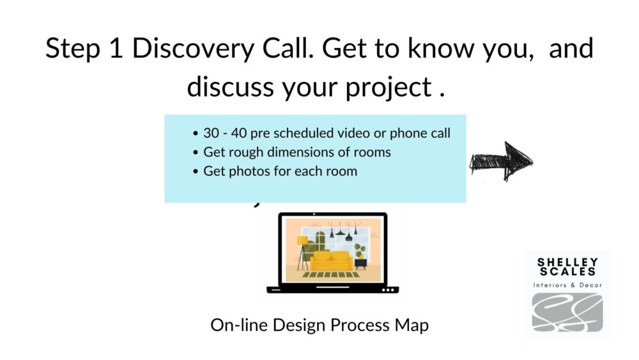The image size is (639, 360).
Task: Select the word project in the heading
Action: (389, 87)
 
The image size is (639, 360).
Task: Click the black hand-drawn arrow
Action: (501, 161)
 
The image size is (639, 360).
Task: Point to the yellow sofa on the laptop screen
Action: (331, 261)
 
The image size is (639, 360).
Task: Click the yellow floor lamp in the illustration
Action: (302, 253)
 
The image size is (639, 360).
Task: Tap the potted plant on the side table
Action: (360, 251)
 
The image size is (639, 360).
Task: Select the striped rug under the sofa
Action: (330, 275)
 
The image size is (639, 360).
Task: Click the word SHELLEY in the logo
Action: (567, 262)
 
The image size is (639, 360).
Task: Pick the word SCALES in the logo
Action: (567, 271)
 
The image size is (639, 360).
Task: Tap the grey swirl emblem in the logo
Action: (567, 312)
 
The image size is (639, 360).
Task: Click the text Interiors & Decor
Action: (567, 285)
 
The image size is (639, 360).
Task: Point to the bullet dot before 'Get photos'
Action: (196, 171)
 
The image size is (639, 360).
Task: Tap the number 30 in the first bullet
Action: (211, 133)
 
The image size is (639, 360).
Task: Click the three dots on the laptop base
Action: (388, 290)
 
